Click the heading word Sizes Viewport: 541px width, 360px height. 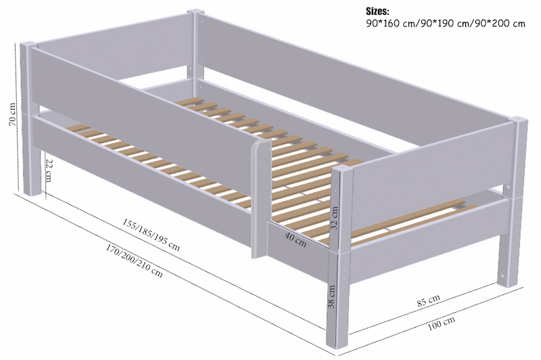pyautogui.click(x=381, y=12)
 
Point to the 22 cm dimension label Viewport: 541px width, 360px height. pyautogui.click(x=48, y=173)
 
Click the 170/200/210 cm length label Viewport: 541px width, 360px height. pyautogui.click(x=133, y=261)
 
